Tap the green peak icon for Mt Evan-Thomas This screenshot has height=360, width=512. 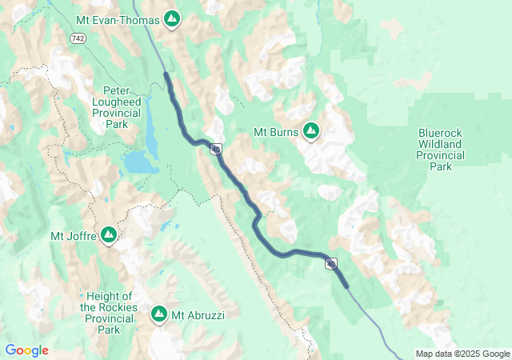[x=171, y=18]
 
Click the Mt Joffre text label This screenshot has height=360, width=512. [x=73, y=235]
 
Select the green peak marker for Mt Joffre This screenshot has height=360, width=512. [x=109, y=235]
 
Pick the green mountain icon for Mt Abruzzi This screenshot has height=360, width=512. [x=159, y=314]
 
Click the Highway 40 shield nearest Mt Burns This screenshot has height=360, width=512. [x=216, y=149]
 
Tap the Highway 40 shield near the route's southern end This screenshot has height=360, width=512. [x=331, y=263]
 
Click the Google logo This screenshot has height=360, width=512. [x=26, y=350]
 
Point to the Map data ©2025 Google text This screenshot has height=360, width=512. [x=462, y=354]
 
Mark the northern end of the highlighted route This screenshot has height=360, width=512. [x=166, y=74]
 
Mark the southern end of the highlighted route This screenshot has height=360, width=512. [x=346, y=286]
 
